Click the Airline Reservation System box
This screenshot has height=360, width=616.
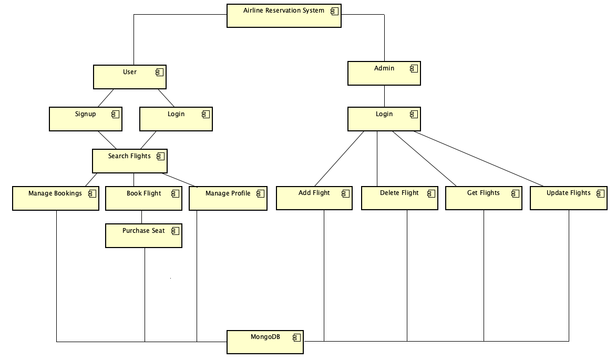(284, 16)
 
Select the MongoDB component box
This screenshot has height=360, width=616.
(265, 342)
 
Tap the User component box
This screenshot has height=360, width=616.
(129, 77)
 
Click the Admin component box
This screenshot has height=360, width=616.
(384, 73)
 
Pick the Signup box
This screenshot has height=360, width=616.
(86, 119)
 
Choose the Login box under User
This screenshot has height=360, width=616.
(176, 119)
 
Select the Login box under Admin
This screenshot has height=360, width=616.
(384, 119)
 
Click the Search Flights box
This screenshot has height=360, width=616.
(129, 161)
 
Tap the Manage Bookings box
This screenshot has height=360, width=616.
(56, 198)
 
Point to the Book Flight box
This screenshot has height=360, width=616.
(144, 198)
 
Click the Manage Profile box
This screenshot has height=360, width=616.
(228, 198)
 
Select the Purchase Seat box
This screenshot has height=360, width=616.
(143, 235)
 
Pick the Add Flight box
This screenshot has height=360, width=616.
(314, 198)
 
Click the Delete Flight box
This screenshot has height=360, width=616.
(399, 198)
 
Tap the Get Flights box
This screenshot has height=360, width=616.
(484, 198)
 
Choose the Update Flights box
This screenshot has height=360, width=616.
(569, 198)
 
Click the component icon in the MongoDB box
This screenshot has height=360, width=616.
(296, 337)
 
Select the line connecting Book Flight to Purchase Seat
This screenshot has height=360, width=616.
(141, 217)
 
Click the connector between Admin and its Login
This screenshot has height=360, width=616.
(384, 96)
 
